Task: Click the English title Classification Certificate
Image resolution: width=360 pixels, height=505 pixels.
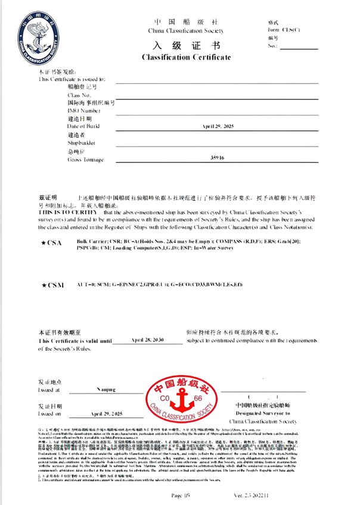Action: click(185, 57)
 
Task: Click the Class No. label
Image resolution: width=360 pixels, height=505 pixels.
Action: click(79, 95)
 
